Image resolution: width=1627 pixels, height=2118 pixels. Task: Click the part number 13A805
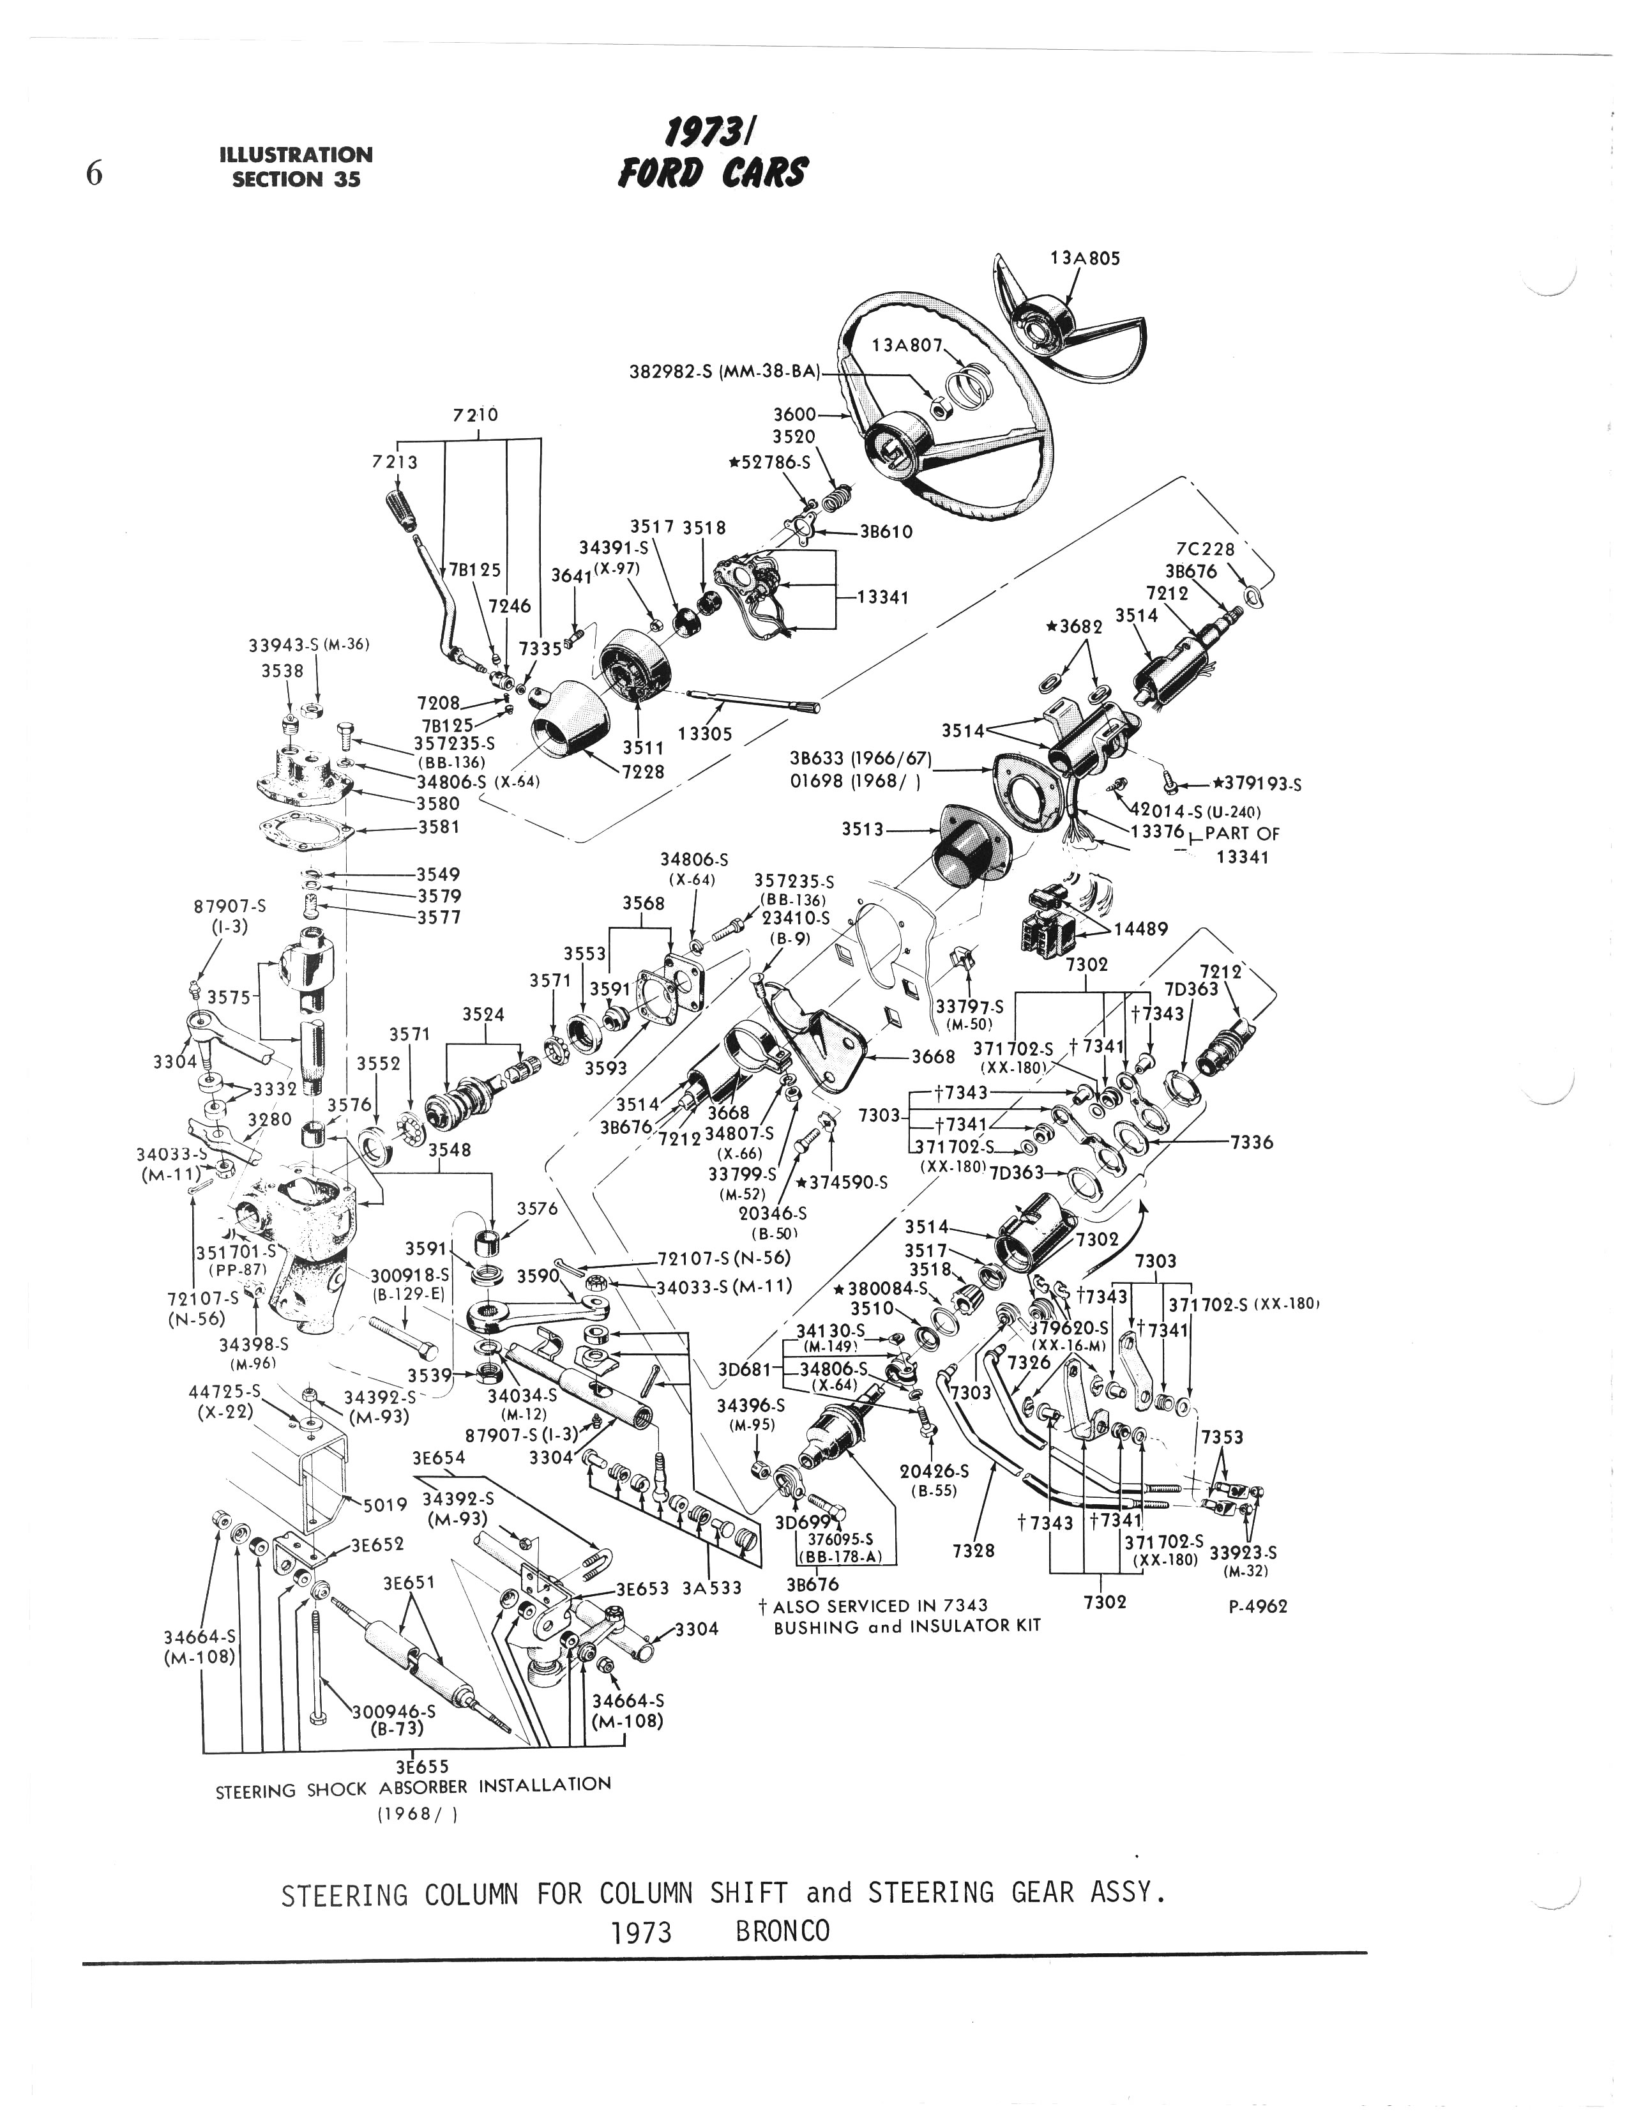(1085, 259)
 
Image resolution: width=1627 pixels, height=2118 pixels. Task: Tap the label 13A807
(907, 345)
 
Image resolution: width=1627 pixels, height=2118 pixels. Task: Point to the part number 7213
(395, 462)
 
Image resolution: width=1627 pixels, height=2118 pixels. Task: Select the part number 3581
(438, 827)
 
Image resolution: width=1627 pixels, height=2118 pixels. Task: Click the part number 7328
(972, 1550)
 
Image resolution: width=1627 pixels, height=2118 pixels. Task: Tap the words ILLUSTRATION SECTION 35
(296, 167)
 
